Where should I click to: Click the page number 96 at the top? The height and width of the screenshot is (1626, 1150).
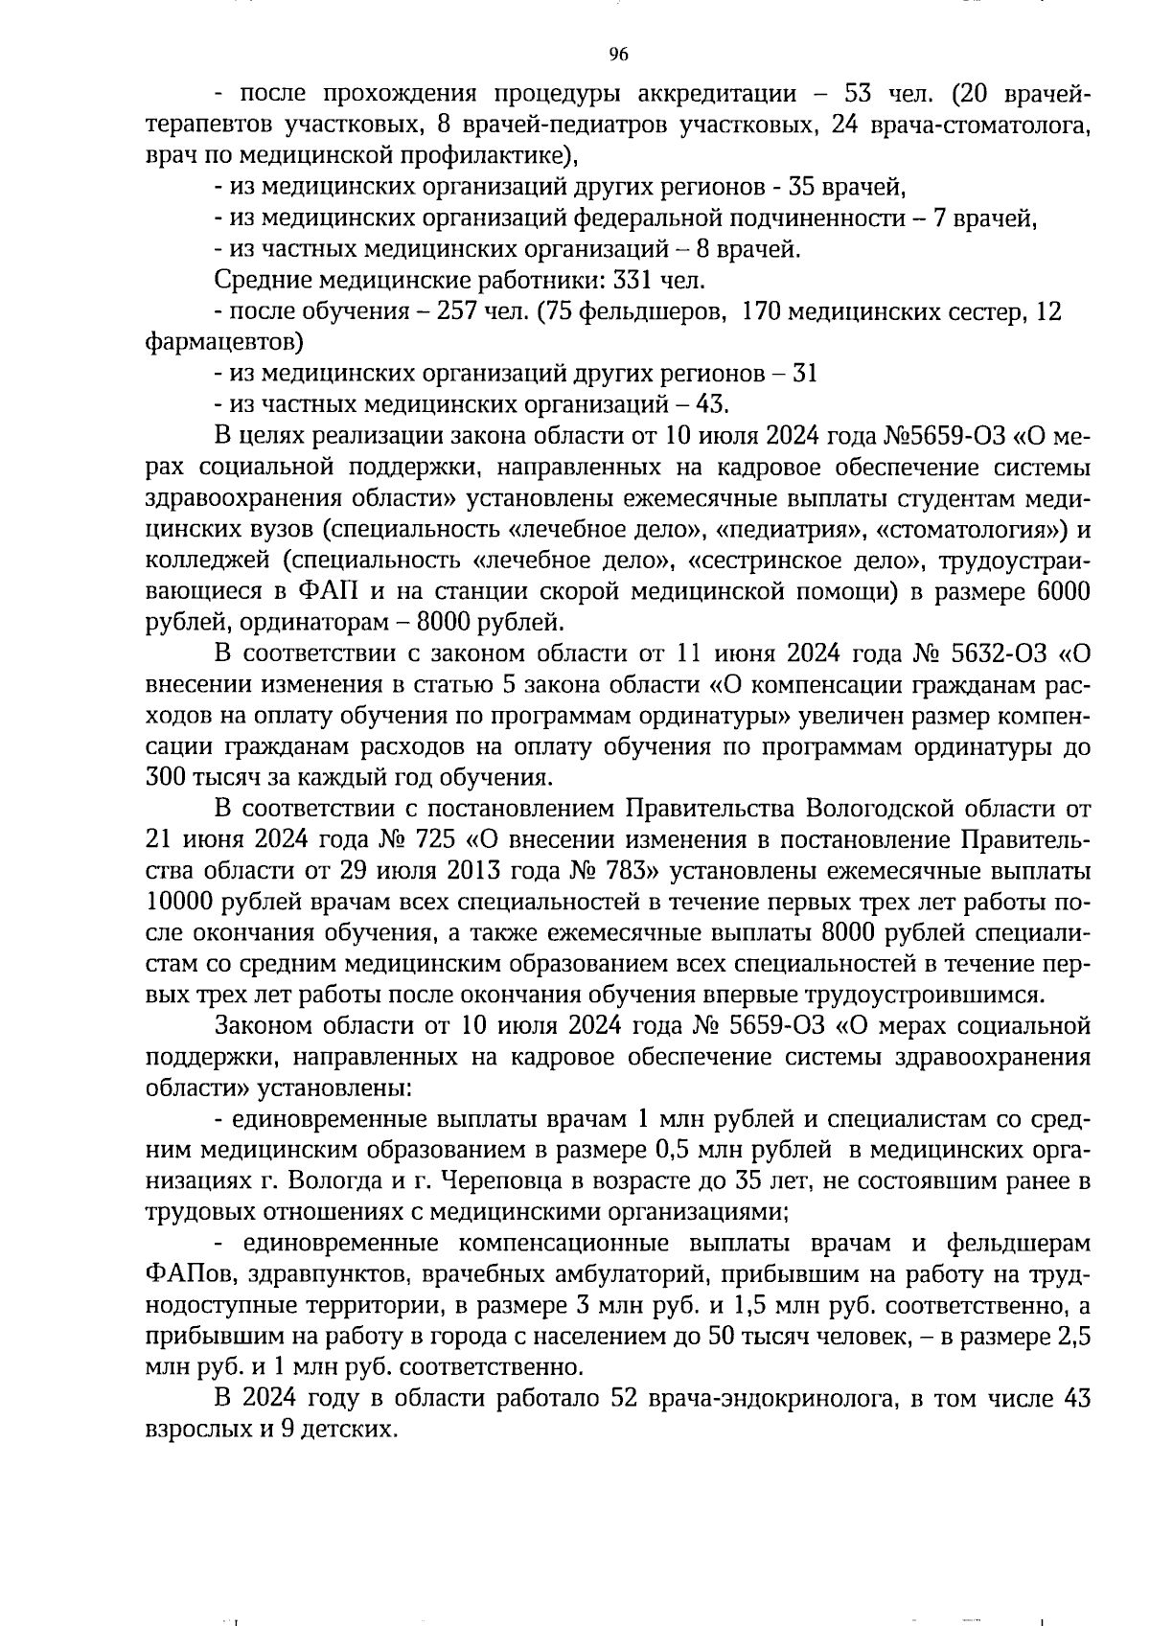click(x=618, y=55)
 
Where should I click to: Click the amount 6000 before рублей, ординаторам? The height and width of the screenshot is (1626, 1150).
click(x=1063, y=592)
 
